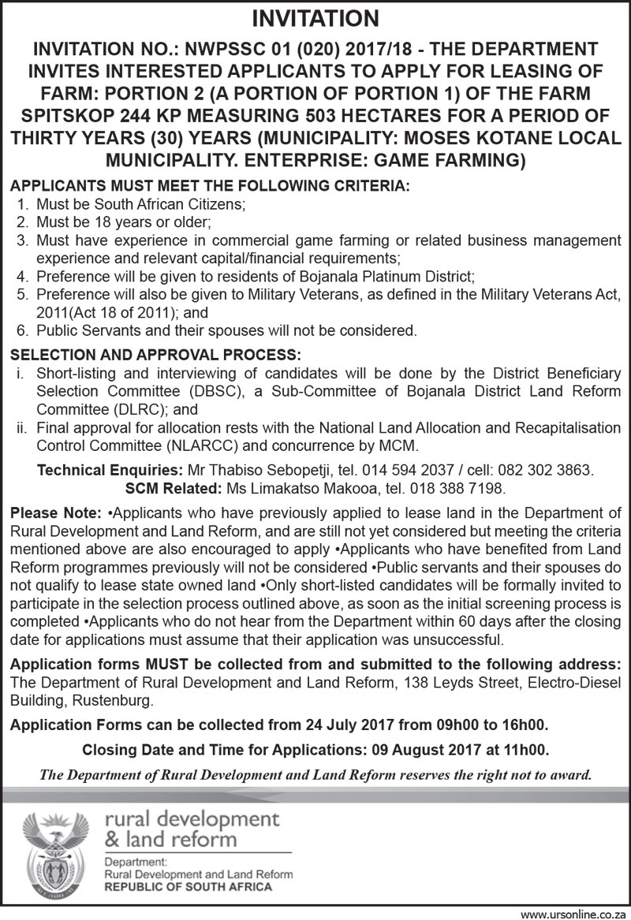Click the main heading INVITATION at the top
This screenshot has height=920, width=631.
(315, 18)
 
